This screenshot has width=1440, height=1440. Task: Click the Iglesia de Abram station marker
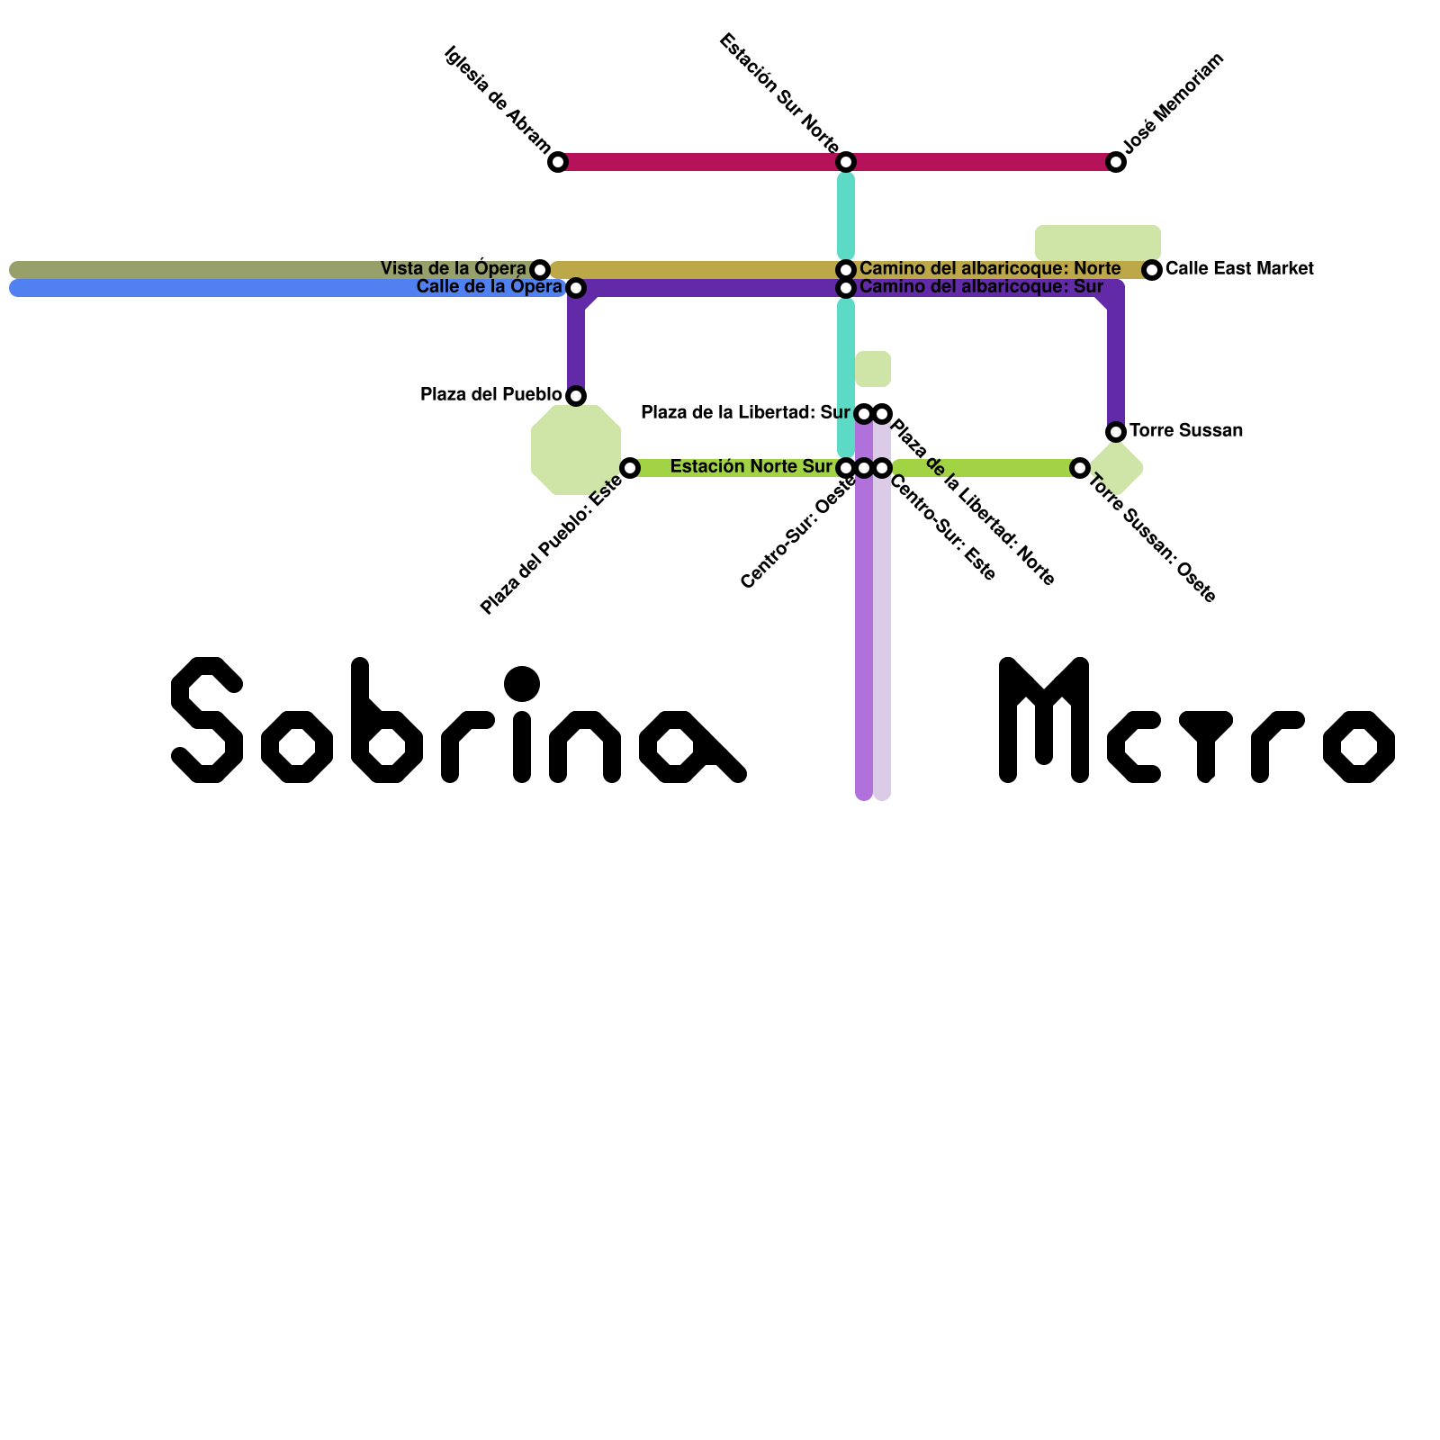pos(558,162)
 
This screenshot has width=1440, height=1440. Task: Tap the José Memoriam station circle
pos(1116,162)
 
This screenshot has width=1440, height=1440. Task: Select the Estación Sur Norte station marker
pos(846,162)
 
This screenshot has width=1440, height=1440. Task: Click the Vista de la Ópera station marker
pos(540,269)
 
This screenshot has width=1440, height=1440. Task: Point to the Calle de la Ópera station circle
pos(576,288)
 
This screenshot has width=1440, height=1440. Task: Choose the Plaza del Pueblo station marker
pos(576,395)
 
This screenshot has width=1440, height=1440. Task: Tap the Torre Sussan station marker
pos(1116,432)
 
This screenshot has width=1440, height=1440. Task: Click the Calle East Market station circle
pos(1152,269)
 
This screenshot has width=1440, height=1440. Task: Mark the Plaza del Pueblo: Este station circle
pos(630,468)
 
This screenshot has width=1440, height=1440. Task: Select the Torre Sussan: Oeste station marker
pos(1080,468)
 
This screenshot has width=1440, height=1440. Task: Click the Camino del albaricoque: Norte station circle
pos(846,269)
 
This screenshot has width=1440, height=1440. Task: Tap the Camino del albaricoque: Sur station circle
pos(846,288)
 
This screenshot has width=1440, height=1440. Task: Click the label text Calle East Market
pos(1238,268)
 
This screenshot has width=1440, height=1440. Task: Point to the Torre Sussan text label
pos(1185,430)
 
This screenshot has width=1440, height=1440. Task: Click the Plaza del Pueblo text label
pos(490,394)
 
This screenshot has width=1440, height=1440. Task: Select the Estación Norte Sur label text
pos(751,466)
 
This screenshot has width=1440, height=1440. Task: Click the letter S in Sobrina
pos(207,720)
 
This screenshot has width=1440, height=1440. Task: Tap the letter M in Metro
pos(1044,720)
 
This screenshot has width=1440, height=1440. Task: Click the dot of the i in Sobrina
pos(522,684)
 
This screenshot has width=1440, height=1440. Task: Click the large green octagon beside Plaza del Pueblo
pos(576,450)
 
